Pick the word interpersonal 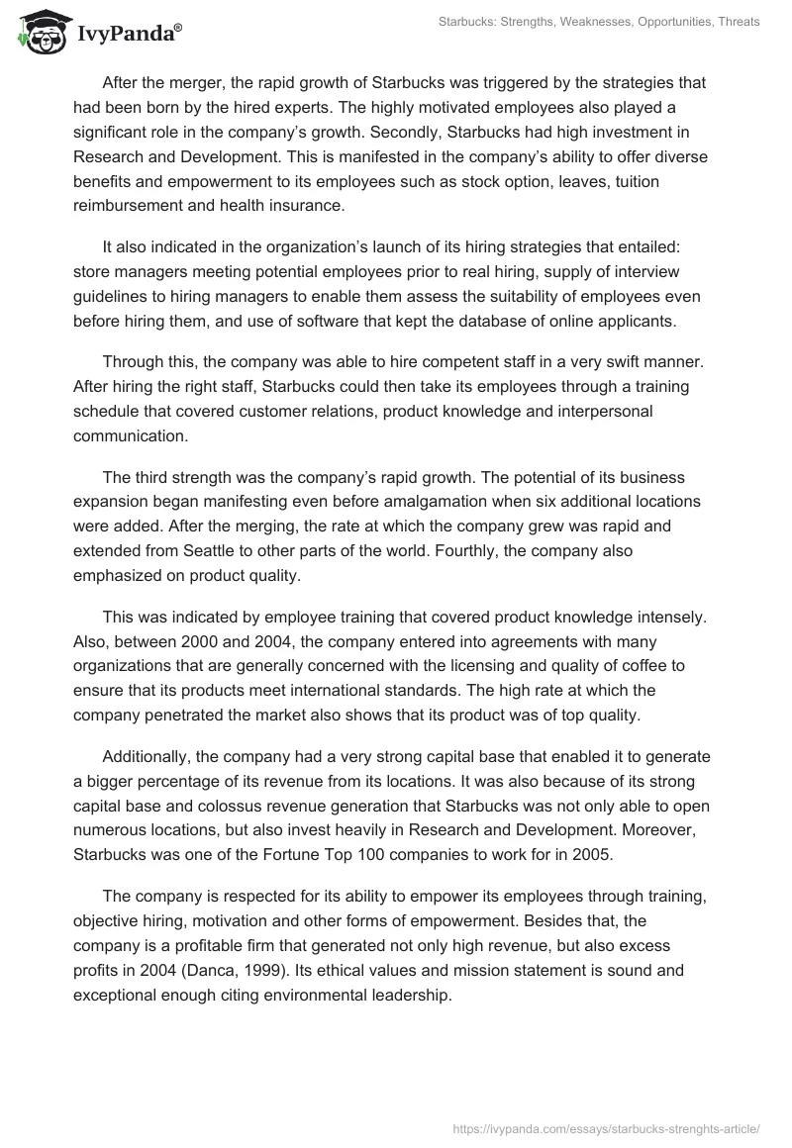562,410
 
